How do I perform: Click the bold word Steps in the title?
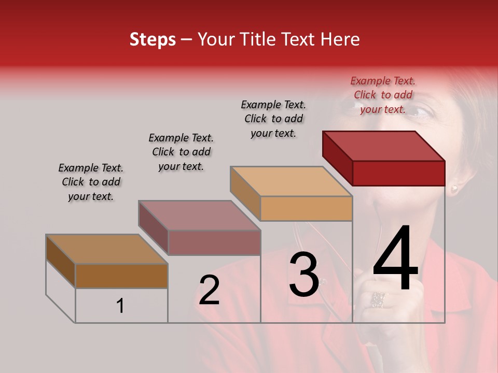(x=153, y=39)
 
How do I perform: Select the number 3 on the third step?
(x=304, y=275)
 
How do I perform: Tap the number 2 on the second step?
(x=210, y=290)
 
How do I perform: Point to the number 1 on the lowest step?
(x=120, y=306)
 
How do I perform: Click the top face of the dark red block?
(x=383, y=146)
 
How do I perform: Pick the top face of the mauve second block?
(x=199, y=216)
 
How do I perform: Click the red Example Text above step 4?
(x=383, y=95)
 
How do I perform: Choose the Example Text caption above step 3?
(x=273, y=119)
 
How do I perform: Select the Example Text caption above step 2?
(x=181, y=152)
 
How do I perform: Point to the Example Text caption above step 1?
(x=91, y=182)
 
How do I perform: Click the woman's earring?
(x=454, y=188)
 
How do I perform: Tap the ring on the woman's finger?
(x=378, y=299)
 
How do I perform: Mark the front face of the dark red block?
(x=398, y=173)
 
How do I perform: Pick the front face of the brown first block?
(x=121, y=276)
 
